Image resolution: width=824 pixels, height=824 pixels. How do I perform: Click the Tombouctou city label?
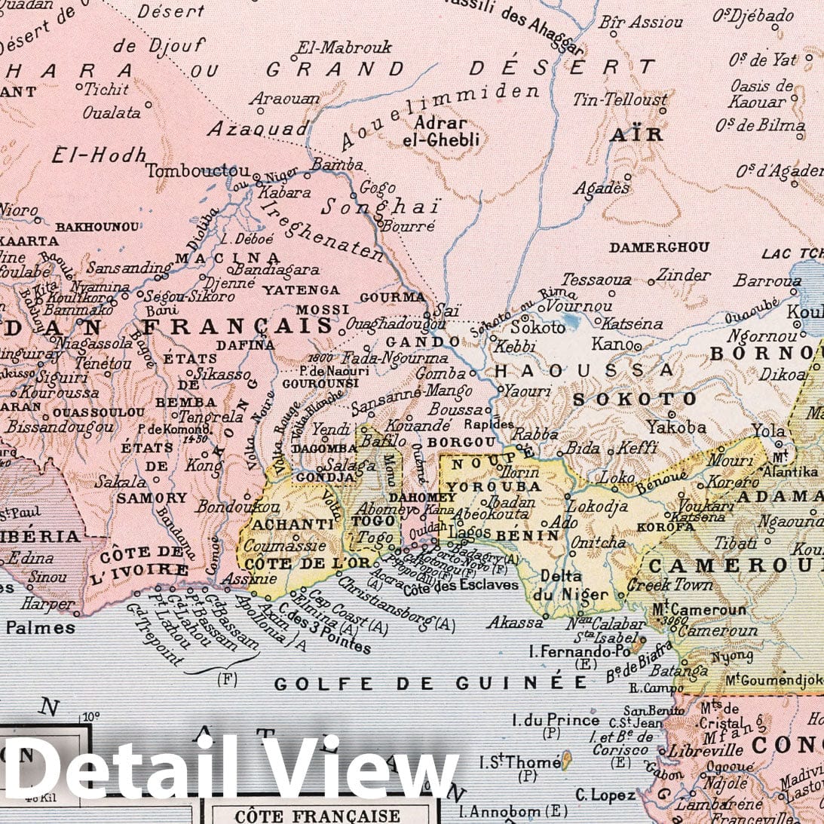coord(198,171)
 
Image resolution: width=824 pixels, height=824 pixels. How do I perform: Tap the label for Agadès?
coord(601,188)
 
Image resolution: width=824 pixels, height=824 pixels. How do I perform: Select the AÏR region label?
coord(636,135)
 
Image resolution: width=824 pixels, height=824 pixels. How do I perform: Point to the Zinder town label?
coord(683,275)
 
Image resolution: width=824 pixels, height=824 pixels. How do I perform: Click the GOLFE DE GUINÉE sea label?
coord(430,683)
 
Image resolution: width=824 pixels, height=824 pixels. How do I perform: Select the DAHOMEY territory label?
coord(422,498)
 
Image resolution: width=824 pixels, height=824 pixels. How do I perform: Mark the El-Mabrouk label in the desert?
coord(345,47)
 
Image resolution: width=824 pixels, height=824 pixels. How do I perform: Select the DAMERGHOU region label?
coord(659,247)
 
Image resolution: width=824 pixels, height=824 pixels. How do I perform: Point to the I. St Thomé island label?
coord(520,763)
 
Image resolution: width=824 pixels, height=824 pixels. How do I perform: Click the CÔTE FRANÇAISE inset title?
coord(317,816)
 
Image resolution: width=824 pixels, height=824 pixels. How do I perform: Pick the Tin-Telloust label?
coord(620,100)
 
